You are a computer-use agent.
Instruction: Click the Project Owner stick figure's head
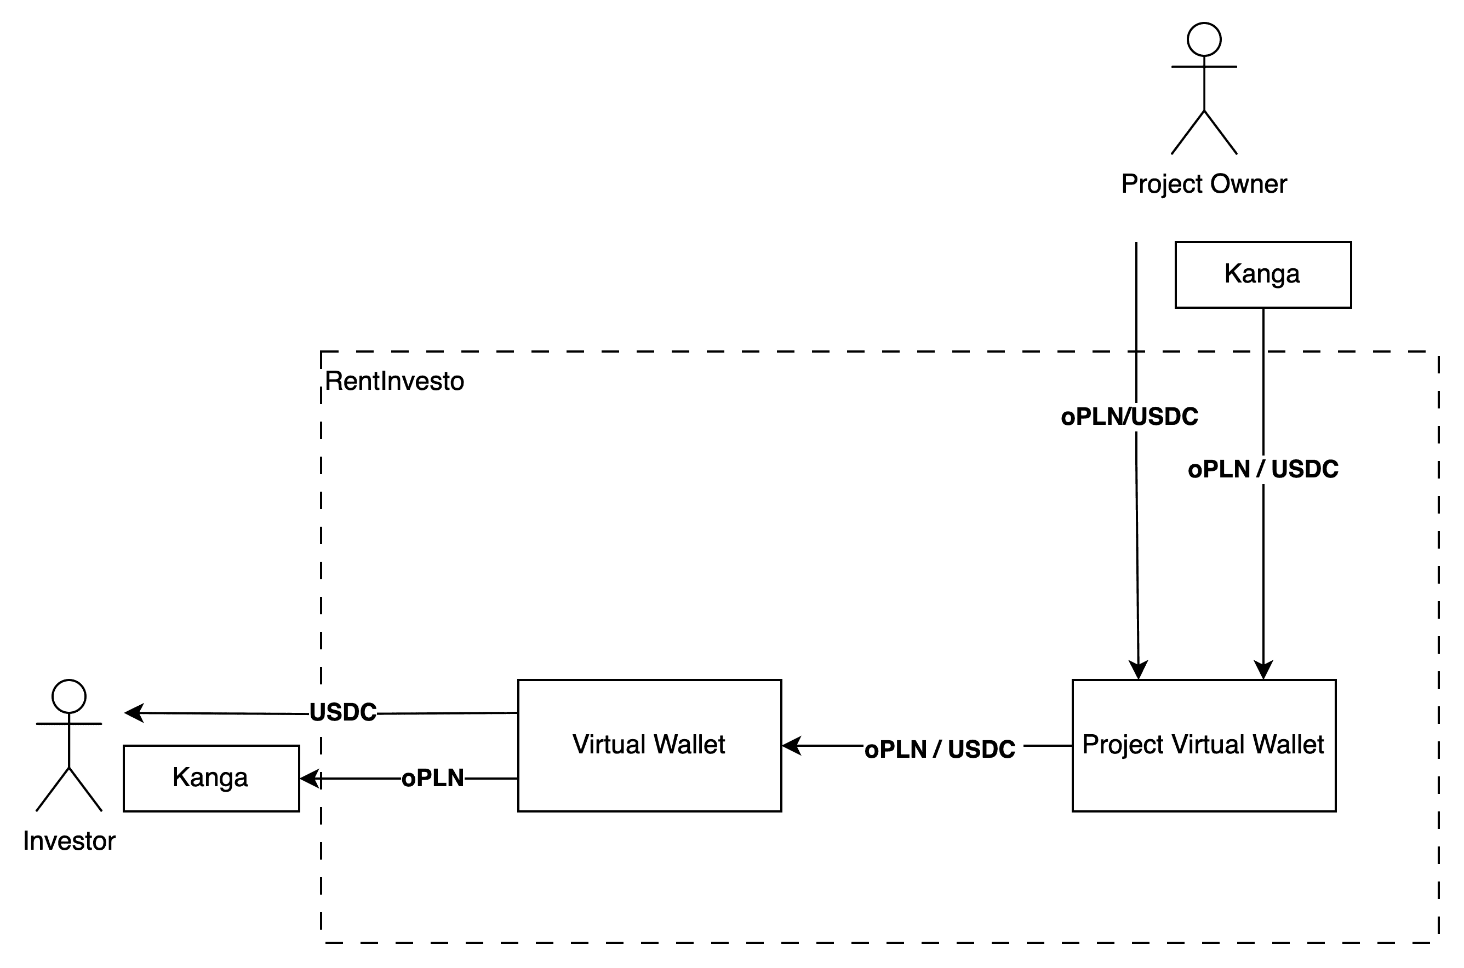pos(1204,39)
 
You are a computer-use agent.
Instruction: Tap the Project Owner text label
pos(1204,184)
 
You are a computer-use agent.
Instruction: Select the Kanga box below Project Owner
pos(1262,274)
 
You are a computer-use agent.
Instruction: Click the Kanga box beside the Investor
pos(211,778)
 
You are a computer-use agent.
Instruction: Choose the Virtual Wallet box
pos(649,745)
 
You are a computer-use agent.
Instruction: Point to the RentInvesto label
pos(394,382)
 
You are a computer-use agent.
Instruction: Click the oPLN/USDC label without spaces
pos(1129,417)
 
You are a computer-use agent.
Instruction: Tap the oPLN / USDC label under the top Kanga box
pos(1262,469)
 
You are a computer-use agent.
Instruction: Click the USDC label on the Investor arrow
pos(343,712)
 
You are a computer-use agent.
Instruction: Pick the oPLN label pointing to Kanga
pos(432,778)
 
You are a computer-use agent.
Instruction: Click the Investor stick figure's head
pos(69,696)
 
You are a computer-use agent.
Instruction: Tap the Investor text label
pos(69,842)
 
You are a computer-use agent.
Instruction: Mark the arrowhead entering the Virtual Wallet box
pos(791,746)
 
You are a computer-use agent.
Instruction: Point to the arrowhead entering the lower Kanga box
pos(310,779)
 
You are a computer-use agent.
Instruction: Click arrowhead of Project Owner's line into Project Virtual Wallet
pos(1139,670)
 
